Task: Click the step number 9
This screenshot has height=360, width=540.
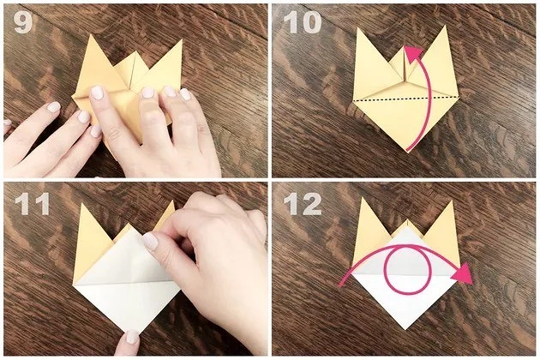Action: click(x=23, y=23)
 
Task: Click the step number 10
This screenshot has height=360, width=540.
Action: click(x=303, y=23)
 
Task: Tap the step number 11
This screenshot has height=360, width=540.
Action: click(x=32, y=204)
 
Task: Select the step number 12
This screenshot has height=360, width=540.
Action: click(x=303, y=204)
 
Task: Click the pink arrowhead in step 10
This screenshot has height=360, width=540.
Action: click(x=412, y=52)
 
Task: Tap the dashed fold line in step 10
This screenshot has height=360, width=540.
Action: click(x=406, y=99)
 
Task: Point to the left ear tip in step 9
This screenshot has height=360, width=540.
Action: click(x=90, y=35)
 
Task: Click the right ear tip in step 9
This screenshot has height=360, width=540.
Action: click(x=182, y=40)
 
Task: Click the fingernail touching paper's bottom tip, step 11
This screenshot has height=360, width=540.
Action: click(x=132, y=337)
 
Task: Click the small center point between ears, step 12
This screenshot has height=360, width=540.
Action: click(x=407, y=220)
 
